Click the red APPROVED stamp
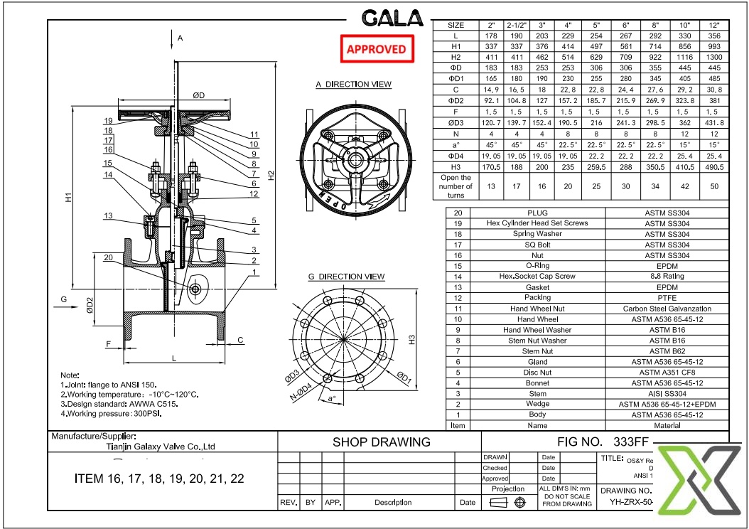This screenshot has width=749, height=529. (x=376, y=49)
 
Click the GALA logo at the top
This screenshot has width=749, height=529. (x=392, y=18)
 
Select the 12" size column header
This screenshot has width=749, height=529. (x=714, y=25)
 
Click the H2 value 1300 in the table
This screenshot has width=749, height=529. (x=714, y=57)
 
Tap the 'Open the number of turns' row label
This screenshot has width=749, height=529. (x=456, y=186)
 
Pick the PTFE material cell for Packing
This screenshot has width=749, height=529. (x=667, y=298)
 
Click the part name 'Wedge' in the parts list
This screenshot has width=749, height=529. (x=537, y=404)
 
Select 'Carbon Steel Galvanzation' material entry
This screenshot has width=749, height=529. (x=667, y=309)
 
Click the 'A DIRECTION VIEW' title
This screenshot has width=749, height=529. (x=353, y=85)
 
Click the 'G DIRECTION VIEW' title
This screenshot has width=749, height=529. (x=346, y=277)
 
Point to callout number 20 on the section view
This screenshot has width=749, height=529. (x=108, y=257)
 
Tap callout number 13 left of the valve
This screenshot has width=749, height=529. (x=108, y=216)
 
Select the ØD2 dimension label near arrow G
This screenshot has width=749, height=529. (x=90, y=305)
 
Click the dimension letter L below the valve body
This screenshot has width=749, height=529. (x=173, y=358)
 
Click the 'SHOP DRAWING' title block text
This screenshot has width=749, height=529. (x=381, y=442)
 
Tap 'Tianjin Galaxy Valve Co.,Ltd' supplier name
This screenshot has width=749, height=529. (x=155, y=447)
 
